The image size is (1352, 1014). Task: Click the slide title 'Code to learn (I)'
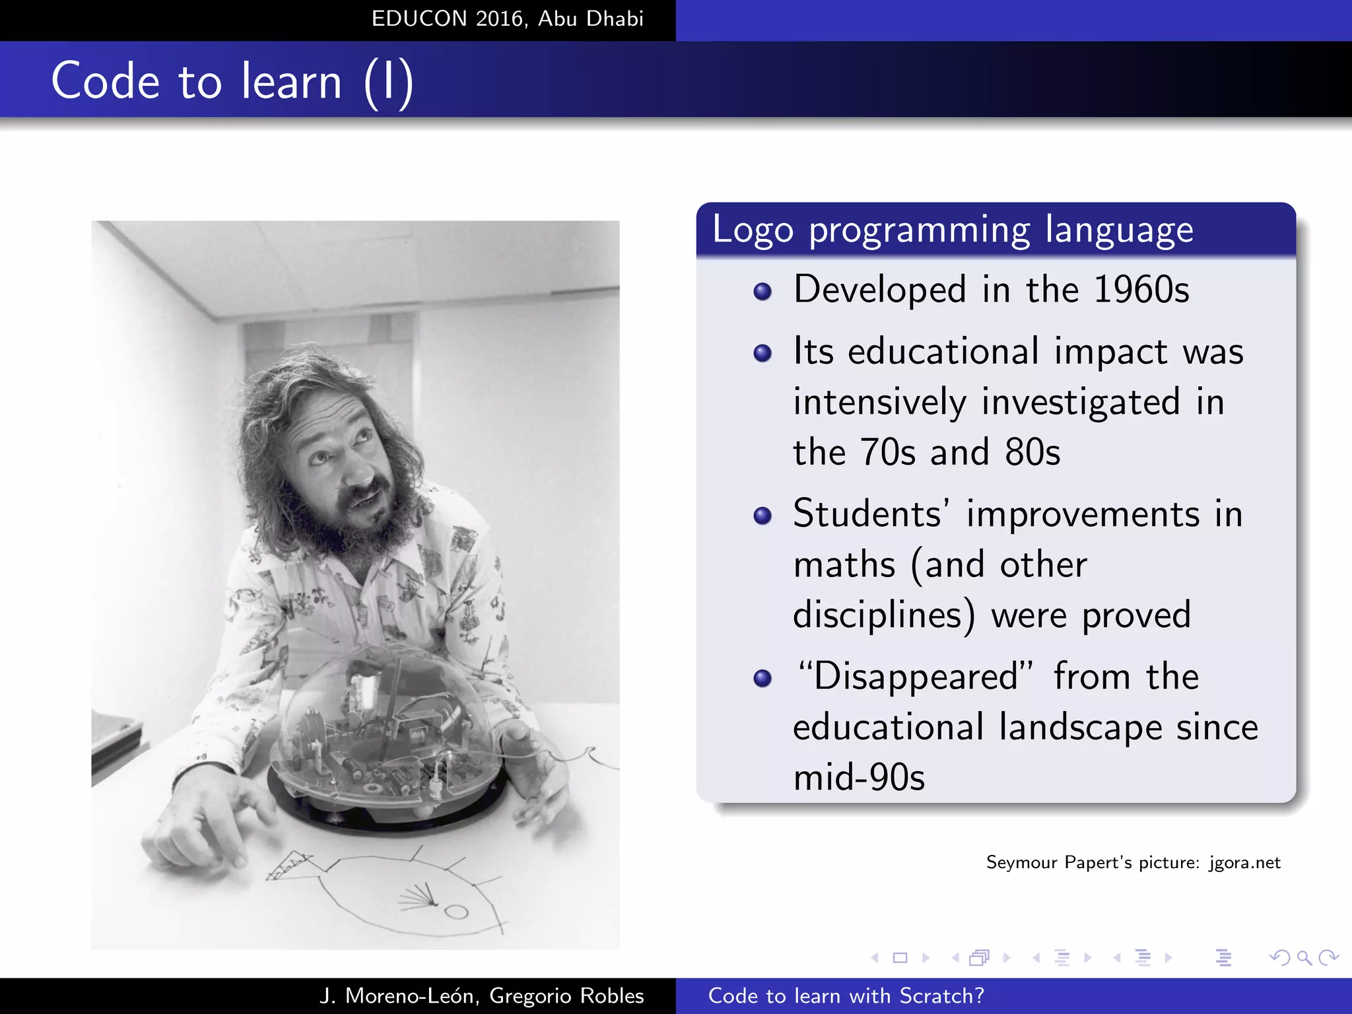[x=232, y=81]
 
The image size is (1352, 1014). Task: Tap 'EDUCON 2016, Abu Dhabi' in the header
[x=507, y=18]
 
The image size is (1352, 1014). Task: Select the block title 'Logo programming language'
[x=952, y=230]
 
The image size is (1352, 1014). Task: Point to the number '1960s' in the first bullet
[x=1141, y=290]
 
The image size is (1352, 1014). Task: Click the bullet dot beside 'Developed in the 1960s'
[x=762, y=292]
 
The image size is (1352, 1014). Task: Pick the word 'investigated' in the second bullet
[x=1081, y=402]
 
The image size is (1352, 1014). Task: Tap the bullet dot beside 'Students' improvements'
[x=762, y=516]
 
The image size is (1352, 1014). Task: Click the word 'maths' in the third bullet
[x=844, y=565]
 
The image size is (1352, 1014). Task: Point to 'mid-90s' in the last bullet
[x=859, y=778]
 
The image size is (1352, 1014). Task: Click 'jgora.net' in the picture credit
[x=1244, y=863]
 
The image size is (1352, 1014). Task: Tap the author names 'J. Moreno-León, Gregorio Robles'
[x=481, y=996]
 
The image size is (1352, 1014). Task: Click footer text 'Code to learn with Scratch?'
[x=846, y=996]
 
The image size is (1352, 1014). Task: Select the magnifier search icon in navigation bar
[x=1304, y=957]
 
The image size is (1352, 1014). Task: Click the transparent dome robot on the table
[x=388, y=733]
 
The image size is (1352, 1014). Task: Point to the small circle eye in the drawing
[x=456, y=912]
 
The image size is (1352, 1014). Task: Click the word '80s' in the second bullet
[x=1032, y=453]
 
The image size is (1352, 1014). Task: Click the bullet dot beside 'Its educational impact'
[x=762, y=353]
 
